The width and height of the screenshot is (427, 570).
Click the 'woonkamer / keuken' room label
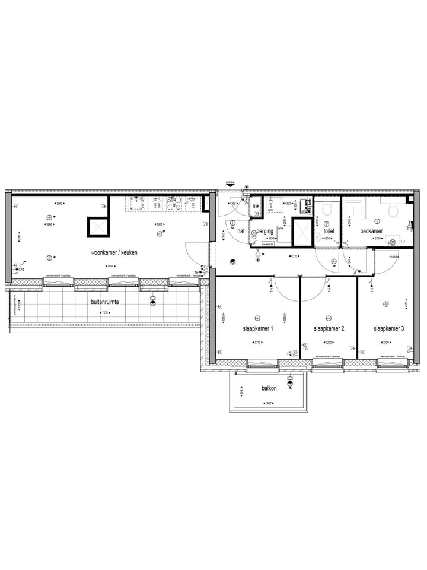tap(114, 252)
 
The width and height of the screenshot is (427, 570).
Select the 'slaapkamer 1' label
tap(257, 328)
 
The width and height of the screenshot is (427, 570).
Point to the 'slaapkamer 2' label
tap(329, 328)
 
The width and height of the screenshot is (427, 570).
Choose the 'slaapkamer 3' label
tap(388, 328)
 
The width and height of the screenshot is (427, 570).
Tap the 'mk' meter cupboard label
tap(256, 206)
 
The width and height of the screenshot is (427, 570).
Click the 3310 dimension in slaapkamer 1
tap(257, 343)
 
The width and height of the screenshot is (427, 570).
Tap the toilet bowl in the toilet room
tap(327, 210)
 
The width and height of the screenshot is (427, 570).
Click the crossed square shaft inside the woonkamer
tap(98, 227)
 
